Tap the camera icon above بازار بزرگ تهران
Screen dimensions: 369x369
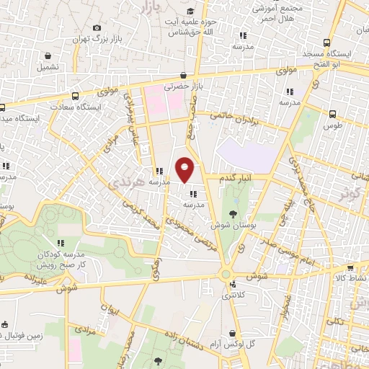click(x=97, y=28)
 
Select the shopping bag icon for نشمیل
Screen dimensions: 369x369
click(x=48, y=55)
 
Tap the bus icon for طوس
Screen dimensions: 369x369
click(x=332, y=114)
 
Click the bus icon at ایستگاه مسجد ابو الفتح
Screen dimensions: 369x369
click(x=328, y=42)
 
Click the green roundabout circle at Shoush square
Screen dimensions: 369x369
click(x=226, y=275)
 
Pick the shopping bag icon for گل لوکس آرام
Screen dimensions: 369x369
click(x=231, y=333)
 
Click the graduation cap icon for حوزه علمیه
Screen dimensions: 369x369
click(x=190, y=11)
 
